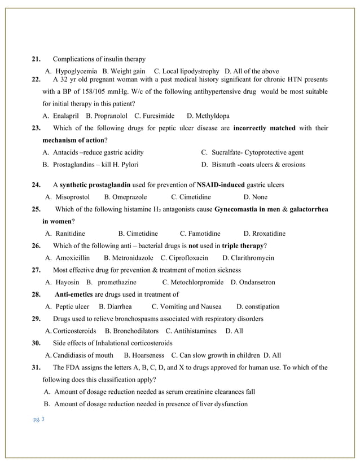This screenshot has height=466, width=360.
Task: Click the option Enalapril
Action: pyautogui.click(x=65, y=116)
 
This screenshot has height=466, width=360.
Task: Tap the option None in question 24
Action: pyautogui.click(x=260, y=197)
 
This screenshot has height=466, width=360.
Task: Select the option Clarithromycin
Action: pyautogui.click(x=253, y=258)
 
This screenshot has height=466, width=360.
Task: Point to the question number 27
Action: pyautogui.click(x=36, y=270)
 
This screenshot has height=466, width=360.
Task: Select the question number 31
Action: pyautogui.click(x=36, y=367)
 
